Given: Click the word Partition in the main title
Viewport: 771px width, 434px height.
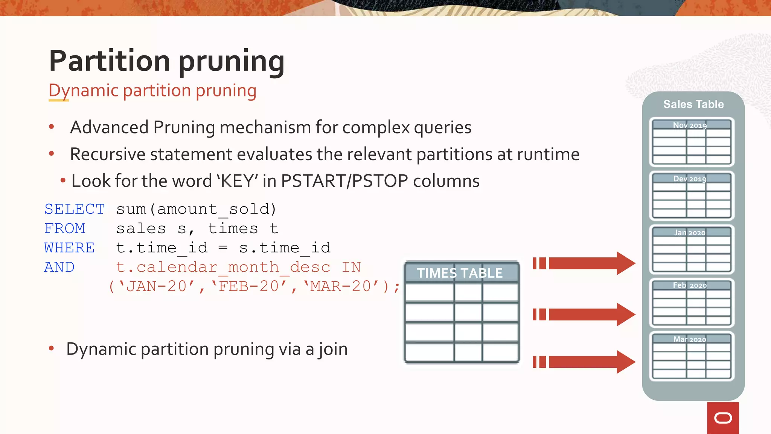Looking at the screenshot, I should point(110,61).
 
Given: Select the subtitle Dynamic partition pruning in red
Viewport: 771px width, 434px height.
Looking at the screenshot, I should point(152,91).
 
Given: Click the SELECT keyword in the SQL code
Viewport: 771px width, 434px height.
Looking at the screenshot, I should point(75,209).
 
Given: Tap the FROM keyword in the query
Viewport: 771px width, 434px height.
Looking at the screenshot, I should point(65,229).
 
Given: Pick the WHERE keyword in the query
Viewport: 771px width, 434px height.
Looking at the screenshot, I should point(69,248).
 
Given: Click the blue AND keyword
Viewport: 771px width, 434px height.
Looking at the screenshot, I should point(59,267).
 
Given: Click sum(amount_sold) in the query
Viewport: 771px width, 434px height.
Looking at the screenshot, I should point(196,209).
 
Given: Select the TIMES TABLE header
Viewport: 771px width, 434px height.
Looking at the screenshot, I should point(460,273).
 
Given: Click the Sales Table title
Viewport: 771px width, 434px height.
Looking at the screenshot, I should point(693,104).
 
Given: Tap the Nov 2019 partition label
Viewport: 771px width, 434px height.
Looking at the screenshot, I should point(690,125).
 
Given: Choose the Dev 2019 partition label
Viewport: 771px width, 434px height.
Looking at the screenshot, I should point(690,179).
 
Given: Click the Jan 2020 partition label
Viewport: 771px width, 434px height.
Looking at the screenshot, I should point(690,232).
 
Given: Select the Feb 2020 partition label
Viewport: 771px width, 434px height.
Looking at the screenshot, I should point(690,286).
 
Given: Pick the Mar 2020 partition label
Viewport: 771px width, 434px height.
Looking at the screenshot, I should point(690,339).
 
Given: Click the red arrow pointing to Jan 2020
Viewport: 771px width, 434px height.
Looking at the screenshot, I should point(587,263).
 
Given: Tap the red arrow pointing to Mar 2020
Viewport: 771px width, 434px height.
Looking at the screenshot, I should point(587,362).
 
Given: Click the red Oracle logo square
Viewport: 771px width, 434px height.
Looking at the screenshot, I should point(723,418).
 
